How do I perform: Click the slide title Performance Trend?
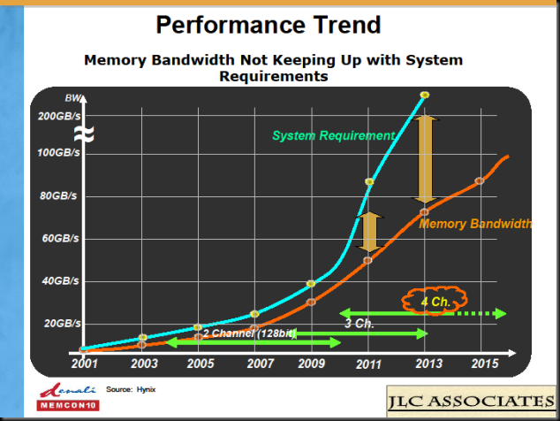pyautogui.click(x=269, y=25)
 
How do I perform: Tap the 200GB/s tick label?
pyautogui.click(x=59, y=116)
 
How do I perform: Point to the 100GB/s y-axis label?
pyautogui.click(x=59, y=153)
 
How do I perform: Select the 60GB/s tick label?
pyautogui.click(x=60, y=238)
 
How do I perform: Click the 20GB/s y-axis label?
pyautogui.click(x=63, y=324)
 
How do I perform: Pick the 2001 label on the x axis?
pyautogui.click(x=84, y=364)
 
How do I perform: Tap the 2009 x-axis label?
pyautogui.click(x=312, y=364)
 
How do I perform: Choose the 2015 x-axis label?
pyautogui.click(x=485, y=364)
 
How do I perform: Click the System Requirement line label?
pyautogui.click(x=334, y=135)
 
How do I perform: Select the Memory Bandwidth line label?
pyautogui.click(x=475, y=224)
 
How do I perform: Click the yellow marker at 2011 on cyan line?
pyautogui.click(x=369, y=181)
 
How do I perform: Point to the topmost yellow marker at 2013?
pyautogui.click(x=425, y=95)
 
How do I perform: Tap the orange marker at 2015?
pyautogui.click(x=480, y=181)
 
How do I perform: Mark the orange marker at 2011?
pyautogui.click(x=367, y=260)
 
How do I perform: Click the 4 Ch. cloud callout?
pyautogui.click(x=435, y=301)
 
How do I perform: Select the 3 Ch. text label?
pyautogui.click(x=359, y=324)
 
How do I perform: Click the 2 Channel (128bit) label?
pyautogui.click(x=250, y=333)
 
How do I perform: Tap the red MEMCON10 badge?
pyautogui.click(x=68, y=405)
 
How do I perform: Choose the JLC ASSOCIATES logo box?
pyautogui.click(x=471, y=401)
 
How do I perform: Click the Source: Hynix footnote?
pyautogui.click(x=131, y=389)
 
